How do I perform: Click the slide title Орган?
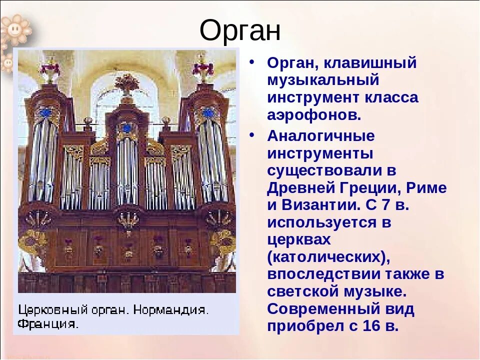[240, 31]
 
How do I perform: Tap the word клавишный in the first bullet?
[370, 63]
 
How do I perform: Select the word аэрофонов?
[314, 115]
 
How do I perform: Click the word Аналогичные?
[321, 135]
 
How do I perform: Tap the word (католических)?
[329, 257]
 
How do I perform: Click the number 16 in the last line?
[371, 325]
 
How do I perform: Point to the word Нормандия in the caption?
[171, 310]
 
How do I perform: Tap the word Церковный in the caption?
[53, 310]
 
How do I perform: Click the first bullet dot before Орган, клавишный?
[251, 61]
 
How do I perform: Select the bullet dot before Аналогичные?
[251, 134]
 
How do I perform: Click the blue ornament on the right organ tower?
[208, 112]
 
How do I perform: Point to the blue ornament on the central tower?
[126, 128]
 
